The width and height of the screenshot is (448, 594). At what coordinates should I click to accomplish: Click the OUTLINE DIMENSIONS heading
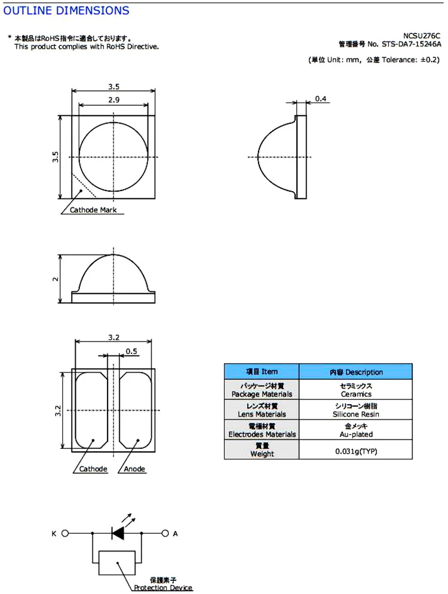tap(66, 11)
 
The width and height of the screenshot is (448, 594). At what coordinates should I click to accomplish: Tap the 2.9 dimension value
tap(113, 100)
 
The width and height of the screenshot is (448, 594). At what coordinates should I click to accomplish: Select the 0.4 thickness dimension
tap(321, 99)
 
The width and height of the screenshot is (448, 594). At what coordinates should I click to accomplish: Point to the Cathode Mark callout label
tap(93, 210)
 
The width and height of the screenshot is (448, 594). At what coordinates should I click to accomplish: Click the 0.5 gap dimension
tap(131, 351)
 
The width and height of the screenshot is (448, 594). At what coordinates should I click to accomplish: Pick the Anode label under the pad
tap(134, 469)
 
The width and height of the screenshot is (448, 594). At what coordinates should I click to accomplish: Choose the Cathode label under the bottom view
tap(93, 469)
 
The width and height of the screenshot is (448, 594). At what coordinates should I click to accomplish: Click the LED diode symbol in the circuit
tap(118, 533)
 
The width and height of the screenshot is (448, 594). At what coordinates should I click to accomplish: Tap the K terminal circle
tap(65, 533)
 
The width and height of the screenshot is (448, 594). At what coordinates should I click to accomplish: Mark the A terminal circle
tap(165, 533)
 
